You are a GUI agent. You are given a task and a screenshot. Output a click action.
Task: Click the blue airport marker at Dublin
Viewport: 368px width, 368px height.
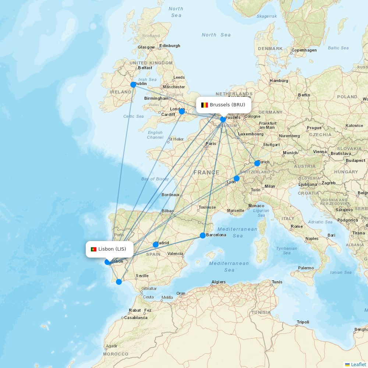tap(133, 85)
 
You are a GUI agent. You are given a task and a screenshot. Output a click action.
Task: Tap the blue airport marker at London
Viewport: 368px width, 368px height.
tap(182, 111)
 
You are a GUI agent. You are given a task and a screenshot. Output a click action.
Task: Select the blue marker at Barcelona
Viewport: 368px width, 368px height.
tap(203, 236)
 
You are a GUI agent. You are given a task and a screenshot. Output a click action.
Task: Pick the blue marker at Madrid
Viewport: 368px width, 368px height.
tap(156, 245)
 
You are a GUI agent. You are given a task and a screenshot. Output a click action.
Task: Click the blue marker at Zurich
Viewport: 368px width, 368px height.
tap(257, 163)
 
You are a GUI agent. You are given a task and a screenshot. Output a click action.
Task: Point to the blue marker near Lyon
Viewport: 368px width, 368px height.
tap(237, 178)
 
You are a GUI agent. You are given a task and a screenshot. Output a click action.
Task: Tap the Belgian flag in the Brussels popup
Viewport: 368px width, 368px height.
tap(205, 105)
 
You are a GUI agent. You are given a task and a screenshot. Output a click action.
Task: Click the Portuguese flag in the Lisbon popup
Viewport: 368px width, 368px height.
tap(93, 249)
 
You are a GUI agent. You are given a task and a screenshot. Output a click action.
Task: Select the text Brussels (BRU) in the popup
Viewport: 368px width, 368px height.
tap(227, 105)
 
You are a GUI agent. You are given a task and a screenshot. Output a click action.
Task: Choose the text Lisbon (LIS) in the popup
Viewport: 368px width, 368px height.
tap(112, 249)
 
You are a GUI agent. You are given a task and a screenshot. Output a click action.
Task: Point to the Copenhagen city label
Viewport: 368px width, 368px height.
tap(304, 50)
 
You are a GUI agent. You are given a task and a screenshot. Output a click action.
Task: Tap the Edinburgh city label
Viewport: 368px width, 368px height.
tap(170, 46)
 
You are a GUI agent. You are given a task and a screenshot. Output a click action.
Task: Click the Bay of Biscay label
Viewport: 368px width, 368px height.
tap(155, 179)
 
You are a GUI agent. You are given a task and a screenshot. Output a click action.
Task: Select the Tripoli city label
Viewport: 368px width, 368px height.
tap(303, 322)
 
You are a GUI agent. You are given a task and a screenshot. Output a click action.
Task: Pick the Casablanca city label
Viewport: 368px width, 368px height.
tap(135, 318)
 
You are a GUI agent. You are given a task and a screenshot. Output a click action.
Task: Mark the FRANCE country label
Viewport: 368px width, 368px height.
tap(206, 172)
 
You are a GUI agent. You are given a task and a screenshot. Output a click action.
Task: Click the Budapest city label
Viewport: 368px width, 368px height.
tap(355, 160)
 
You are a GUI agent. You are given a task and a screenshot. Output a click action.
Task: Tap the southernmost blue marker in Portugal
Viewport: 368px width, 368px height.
tap(119, 282)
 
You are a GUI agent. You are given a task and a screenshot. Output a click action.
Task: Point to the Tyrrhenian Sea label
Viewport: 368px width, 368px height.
tap(287, 251)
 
